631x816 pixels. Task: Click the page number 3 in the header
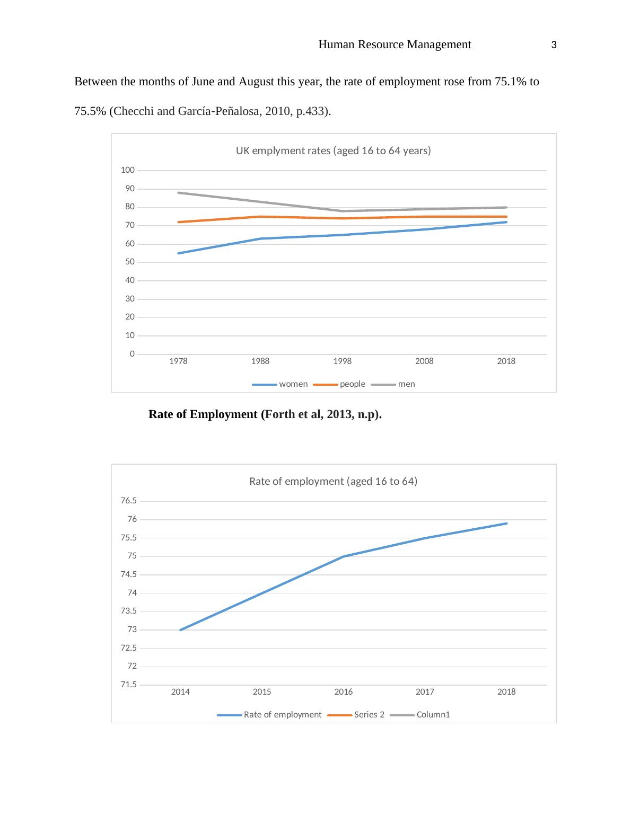pyautogui.click(x=554, y=46)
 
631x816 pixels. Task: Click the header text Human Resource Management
pyautogui.click(x=395, y=45)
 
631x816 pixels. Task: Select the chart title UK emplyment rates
pyautogui.click(x=333, y=150)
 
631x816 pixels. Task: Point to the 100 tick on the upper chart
pyautogui.click(x=128, y=170)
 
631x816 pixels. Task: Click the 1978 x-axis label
pyautogui.click(x=178, y=361)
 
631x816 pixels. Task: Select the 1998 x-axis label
pyautogui.click(x=343, y=361)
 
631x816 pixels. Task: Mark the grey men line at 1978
pyautogui.click(x=179, y=193)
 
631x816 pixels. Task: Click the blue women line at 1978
pyautogui.click(x=179, y=253)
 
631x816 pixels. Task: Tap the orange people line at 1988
pyautogui.click(x=260, y=217)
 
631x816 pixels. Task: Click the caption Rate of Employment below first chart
pyautogui.click(x=265, y=414)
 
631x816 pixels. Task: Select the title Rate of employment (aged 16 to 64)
pyautogui.click(x=333, y=482)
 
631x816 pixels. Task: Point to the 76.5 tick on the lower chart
pyautogui.click(x=129, y=501)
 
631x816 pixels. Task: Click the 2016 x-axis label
pyautogui.click(x=344, y=692)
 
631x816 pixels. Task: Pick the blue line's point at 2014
pyautogui.click(x=181, y=630)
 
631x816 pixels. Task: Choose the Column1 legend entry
pyautogui.click(x=433, y=715)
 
